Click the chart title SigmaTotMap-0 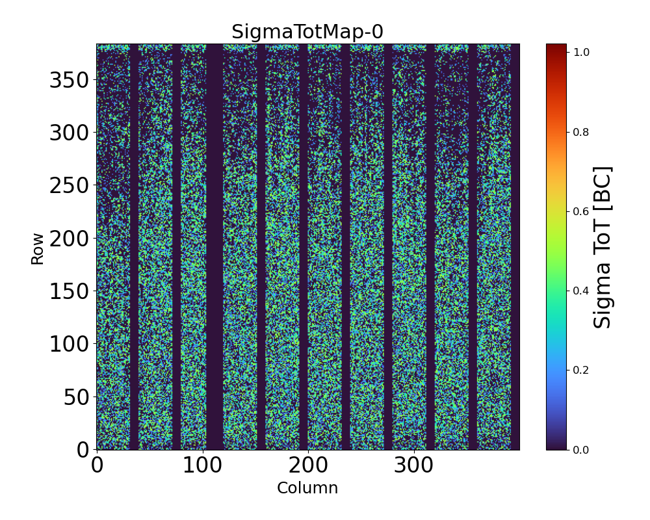pyautogui.click(x=307, y=32)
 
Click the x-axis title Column pyautogui.click(x=307, y=488)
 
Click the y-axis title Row pyautogui.click(x=38, y=248)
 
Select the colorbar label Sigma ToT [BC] pyautogui.click(x=603, y=247)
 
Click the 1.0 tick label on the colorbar pyautogui.click(x=581, y=53)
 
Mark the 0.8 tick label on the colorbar pyautogui.click(x=581, y=132)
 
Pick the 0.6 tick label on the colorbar pyautogui.click(x=581, y=211)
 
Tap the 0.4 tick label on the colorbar pyautogui.click(x=581, y=291)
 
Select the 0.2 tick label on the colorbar pyautogui.click(x=581, y=370)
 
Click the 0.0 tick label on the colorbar pyautogui.click(x=581, y=449)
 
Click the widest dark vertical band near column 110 pyautogui.click(x=214, y=247)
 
